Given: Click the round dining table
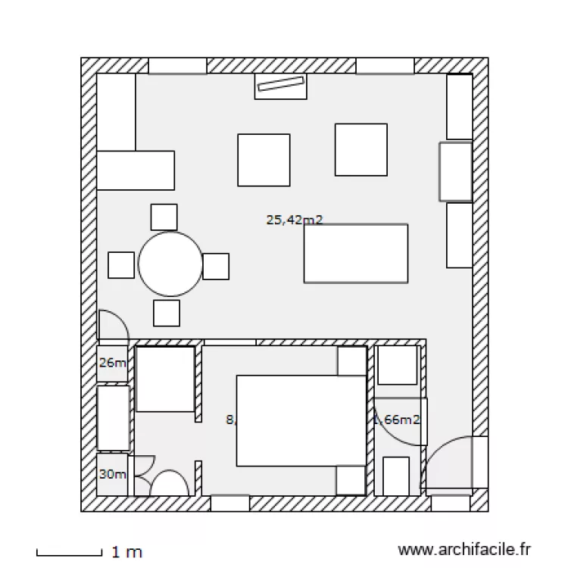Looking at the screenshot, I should [170, 264].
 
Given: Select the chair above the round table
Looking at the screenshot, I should [164, 217].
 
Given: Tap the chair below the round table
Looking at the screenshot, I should [166, 313].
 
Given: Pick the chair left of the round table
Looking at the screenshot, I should [121, 265].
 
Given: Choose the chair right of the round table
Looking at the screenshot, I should [216, 266].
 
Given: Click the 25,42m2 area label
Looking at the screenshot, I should [295, 220].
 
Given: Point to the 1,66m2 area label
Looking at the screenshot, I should [398, 419].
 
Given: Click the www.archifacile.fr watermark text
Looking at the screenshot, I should [465, 550].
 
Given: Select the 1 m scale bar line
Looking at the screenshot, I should [69, 552].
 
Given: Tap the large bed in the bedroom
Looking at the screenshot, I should [301, 420].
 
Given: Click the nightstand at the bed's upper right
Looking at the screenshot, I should [352, 362].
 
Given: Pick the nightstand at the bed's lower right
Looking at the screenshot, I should [352, 480].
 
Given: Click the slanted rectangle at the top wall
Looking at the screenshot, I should [280, 86].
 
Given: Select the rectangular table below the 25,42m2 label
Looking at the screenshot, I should [356, 253].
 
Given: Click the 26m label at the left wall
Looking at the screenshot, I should [112, 363].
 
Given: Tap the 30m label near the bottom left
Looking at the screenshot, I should [112, 474].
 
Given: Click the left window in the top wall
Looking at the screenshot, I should [177, 66].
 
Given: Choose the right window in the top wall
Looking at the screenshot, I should [385, 66].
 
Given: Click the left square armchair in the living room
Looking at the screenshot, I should [264, 160].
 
